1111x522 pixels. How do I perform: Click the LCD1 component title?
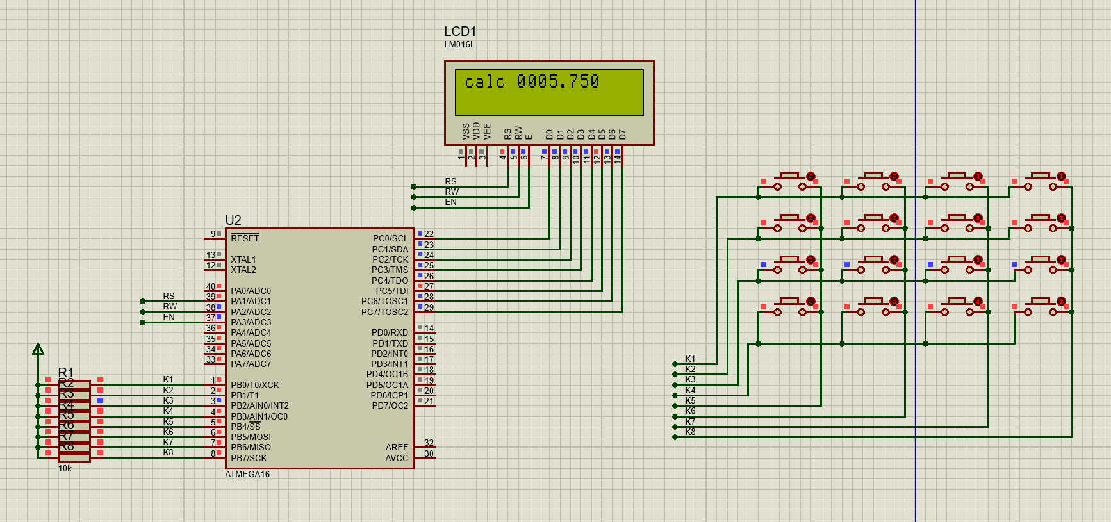pos(459,31)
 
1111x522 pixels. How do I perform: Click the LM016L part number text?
pos(459,45)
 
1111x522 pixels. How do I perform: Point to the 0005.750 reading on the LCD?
pos(558,82)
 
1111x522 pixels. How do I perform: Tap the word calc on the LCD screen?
pos(484,82)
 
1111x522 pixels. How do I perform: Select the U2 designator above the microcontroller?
pos(233,220)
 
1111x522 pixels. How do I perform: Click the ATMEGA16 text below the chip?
pos(247,475)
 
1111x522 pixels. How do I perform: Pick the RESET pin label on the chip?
pos(245,238)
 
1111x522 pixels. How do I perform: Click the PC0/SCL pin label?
pos(390,238)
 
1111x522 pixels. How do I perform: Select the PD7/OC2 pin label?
pos(390,405)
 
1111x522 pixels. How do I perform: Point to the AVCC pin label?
pos(396,458)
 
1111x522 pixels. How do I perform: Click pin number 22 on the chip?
pos(429,234)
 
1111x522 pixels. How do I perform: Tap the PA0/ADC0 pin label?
pos(251,291)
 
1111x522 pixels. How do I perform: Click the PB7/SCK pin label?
pos(249,458)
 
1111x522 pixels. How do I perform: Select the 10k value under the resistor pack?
pos(65,469)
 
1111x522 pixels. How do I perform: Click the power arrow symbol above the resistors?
pos(38,349)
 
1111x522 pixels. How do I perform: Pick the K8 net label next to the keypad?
pos(690,432)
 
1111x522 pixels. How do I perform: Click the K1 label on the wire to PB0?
pos(168,380)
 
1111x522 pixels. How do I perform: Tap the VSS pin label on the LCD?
pos(466,131)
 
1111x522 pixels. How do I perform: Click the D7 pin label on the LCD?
pos(622,135)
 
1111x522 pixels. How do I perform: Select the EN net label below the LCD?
pos(451,202)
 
